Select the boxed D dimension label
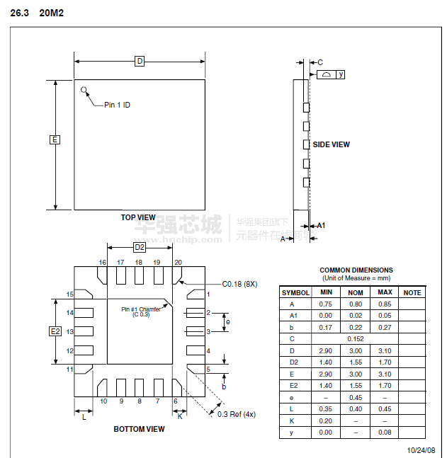click(x=140, y=61)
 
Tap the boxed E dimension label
click(x=55, y=139)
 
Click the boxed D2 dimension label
click(x=140, y=247)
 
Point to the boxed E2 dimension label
click(x=55, y=331)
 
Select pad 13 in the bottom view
click(x=84, y=331)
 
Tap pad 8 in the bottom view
click(x=139, y=388)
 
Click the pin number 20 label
click(x=178, y=263)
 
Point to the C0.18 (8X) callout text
click(x=239, y=284)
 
